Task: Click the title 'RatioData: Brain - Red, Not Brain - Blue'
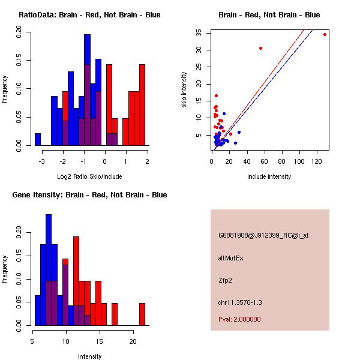pyautogui.click(x=89, y=14)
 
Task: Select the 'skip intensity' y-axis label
pyautogui.click(x=184, y=90)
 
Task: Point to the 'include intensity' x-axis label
pyautogui.click(x=269, y=176)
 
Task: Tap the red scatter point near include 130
pyautogui.click(x=325, y=34)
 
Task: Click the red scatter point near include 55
pyautogui.click(x=260, y=48)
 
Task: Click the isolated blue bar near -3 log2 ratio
pyautogui.click(x=38, y=139)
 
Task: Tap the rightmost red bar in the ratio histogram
pyautogui.click(x=142, y=105)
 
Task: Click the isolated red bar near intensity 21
pyautogui.click(x=142, y=314)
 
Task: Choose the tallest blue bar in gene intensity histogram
pyautogui.click(x=49, y=270)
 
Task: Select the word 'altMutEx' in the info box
pyautogui.click(x=230, y=258)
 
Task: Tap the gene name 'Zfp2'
pyautogui.click(x=225, y=280)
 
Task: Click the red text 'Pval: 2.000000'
pyautogui.click(x=239, y=319)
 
